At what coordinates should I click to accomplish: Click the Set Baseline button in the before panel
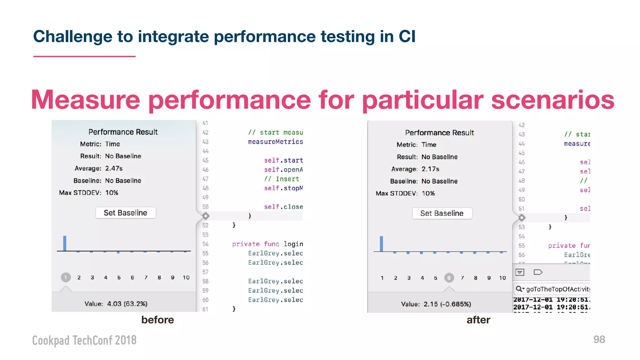tap(125, 213)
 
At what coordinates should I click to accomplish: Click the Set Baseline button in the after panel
tap(442, 213)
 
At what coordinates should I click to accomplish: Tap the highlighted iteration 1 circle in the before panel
tap(66, 277)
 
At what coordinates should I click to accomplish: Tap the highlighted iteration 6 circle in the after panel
tap(449, 277)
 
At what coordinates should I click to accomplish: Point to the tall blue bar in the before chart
tap(65, 243)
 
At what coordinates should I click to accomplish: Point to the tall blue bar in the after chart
tap(381, 244)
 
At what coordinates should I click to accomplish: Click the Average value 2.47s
tap(114, 168)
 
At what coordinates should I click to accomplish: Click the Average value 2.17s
tap(430, 169)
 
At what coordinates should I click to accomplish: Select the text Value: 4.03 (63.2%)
tap(116, 304)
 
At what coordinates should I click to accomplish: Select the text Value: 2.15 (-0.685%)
tap(436, 304)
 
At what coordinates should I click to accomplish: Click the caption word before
tap(157, 320)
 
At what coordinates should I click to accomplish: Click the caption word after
tap(478, 320)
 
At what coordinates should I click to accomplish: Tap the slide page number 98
tap(599, 339)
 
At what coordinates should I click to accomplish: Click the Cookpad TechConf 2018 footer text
tap(84, 340)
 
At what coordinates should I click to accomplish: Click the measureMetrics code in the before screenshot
tap(275, 142)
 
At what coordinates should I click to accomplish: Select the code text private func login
tap(267, 244)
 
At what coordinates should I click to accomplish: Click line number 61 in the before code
tap(205, 309)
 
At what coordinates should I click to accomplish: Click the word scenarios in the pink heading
tap(552, 100)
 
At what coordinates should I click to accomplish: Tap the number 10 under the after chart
tap(502, 278)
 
